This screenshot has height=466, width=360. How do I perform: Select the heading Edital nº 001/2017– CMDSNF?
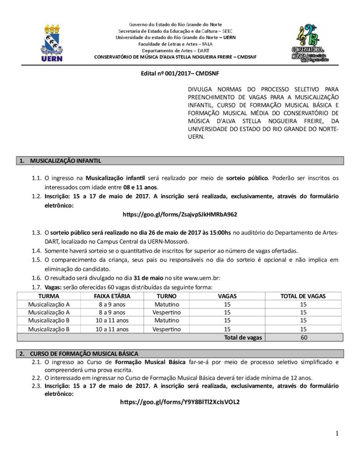pos(180,73)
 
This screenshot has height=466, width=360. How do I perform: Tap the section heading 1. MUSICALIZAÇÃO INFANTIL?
pos(65,161)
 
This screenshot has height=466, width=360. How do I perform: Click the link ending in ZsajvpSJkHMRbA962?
pos(180,213)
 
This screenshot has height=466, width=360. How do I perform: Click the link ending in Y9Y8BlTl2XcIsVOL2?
pos(180,402)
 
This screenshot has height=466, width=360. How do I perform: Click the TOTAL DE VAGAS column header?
pos(304,296)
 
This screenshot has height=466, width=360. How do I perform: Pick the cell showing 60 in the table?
pos(304,337)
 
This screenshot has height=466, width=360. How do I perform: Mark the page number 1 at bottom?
pos(337,434)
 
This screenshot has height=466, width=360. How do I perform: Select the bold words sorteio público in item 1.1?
pos(248,178)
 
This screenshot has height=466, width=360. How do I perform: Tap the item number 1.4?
pos(37,251)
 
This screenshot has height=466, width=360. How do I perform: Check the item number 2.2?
pos(37,378)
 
